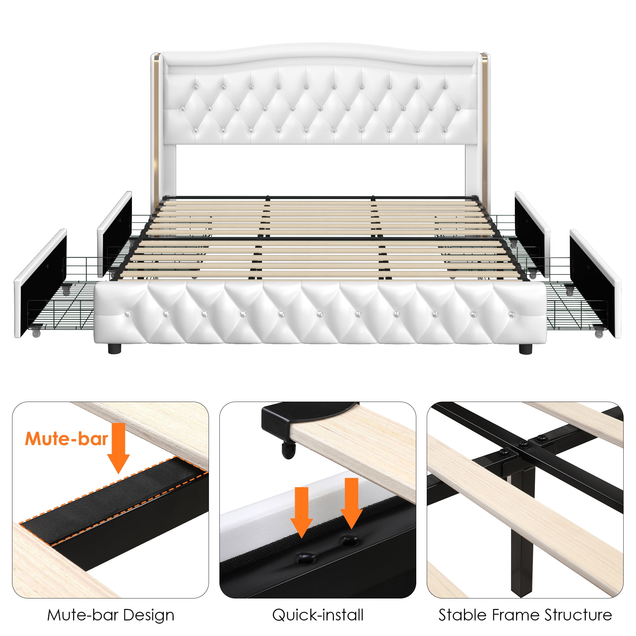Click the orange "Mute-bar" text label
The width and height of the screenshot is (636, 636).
[66, 439]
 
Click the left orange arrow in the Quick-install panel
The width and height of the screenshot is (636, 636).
[301, 512]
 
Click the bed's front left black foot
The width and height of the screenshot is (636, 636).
[114, 348]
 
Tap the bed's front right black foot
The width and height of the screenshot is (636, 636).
[525, 348]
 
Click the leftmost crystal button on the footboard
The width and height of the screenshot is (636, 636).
[127, 315]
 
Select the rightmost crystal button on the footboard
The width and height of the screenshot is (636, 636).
[512, 315]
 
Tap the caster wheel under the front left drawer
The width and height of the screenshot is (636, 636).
[36, 333]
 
